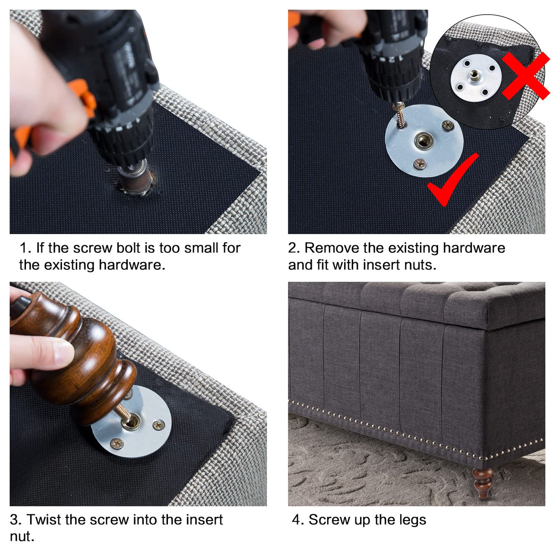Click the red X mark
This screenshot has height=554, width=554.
[x=526, y=76]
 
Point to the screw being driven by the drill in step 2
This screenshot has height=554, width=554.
[x=400, y=115]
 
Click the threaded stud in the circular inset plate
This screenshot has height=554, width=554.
[x=474, y=76]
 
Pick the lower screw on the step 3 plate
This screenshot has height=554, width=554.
[x=117, y=443]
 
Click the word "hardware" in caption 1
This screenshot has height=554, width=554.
[x=132, y=265]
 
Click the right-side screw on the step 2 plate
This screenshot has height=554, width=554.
[x=448, y=125]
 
